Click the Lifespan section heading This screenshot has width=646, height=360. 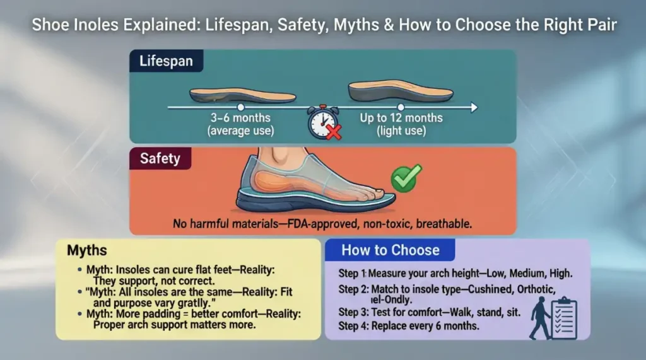167,62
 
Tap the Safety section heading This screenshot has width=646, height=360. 160,158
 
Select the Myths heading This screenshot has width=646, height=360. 87,250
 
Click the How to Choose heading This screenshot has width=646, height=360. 390,250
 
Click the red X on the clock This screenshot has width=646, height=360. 332,132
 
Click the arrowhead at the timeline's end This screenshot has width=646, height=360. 472,108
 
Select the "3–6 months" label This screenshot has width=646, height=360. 240,118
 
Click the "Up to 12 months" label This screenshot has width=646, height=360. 401,118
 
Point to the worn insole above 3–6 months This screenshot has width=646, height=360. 242,95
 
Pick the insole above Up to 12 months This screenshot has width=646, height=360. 401,91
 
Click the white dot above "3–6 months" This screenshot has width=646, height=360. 240,108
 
